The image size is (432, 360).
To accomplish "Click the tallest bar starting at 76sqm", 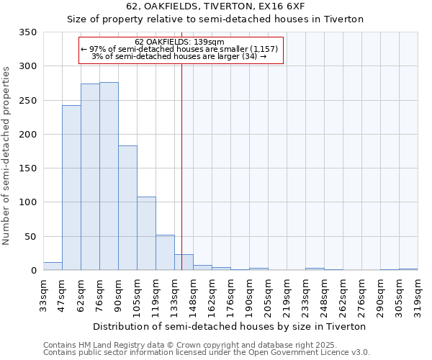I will click(x=109, y=176).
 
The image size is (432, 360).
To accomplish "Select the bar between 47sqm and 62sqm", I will click(x=71, y=188).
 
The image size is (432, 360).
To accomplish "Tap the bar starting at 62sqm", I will click(x=90, y=177).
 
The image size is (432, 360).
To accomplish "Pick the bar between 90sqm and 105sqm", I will click(x=127, y=208).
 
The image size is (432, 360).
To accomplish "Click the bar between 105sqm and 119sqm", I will click(x=146, y=233).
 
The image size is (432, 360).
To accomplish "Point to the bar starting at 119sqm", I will click(x=165, y=253).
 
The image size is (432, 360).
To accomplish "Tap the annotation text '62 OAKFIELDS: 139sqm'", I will click(x=180, y=42).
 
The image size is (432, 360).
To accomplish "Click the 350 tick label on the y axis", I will click(x=27, y=32).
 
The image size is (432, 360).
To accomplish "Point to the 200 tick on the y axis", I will click(x=27, y=135).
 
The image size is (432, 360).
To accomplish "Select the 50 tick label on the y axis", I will click(x=30, y=237).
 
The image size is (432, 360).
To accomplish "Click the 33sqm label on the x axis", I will click(x=44, y=294).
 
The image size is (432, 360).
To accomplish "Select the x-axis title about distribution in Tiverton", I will click(x=230, y=326).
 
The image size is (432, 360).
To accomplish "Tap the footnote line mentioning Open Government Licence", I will click(x=207, y=352).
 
